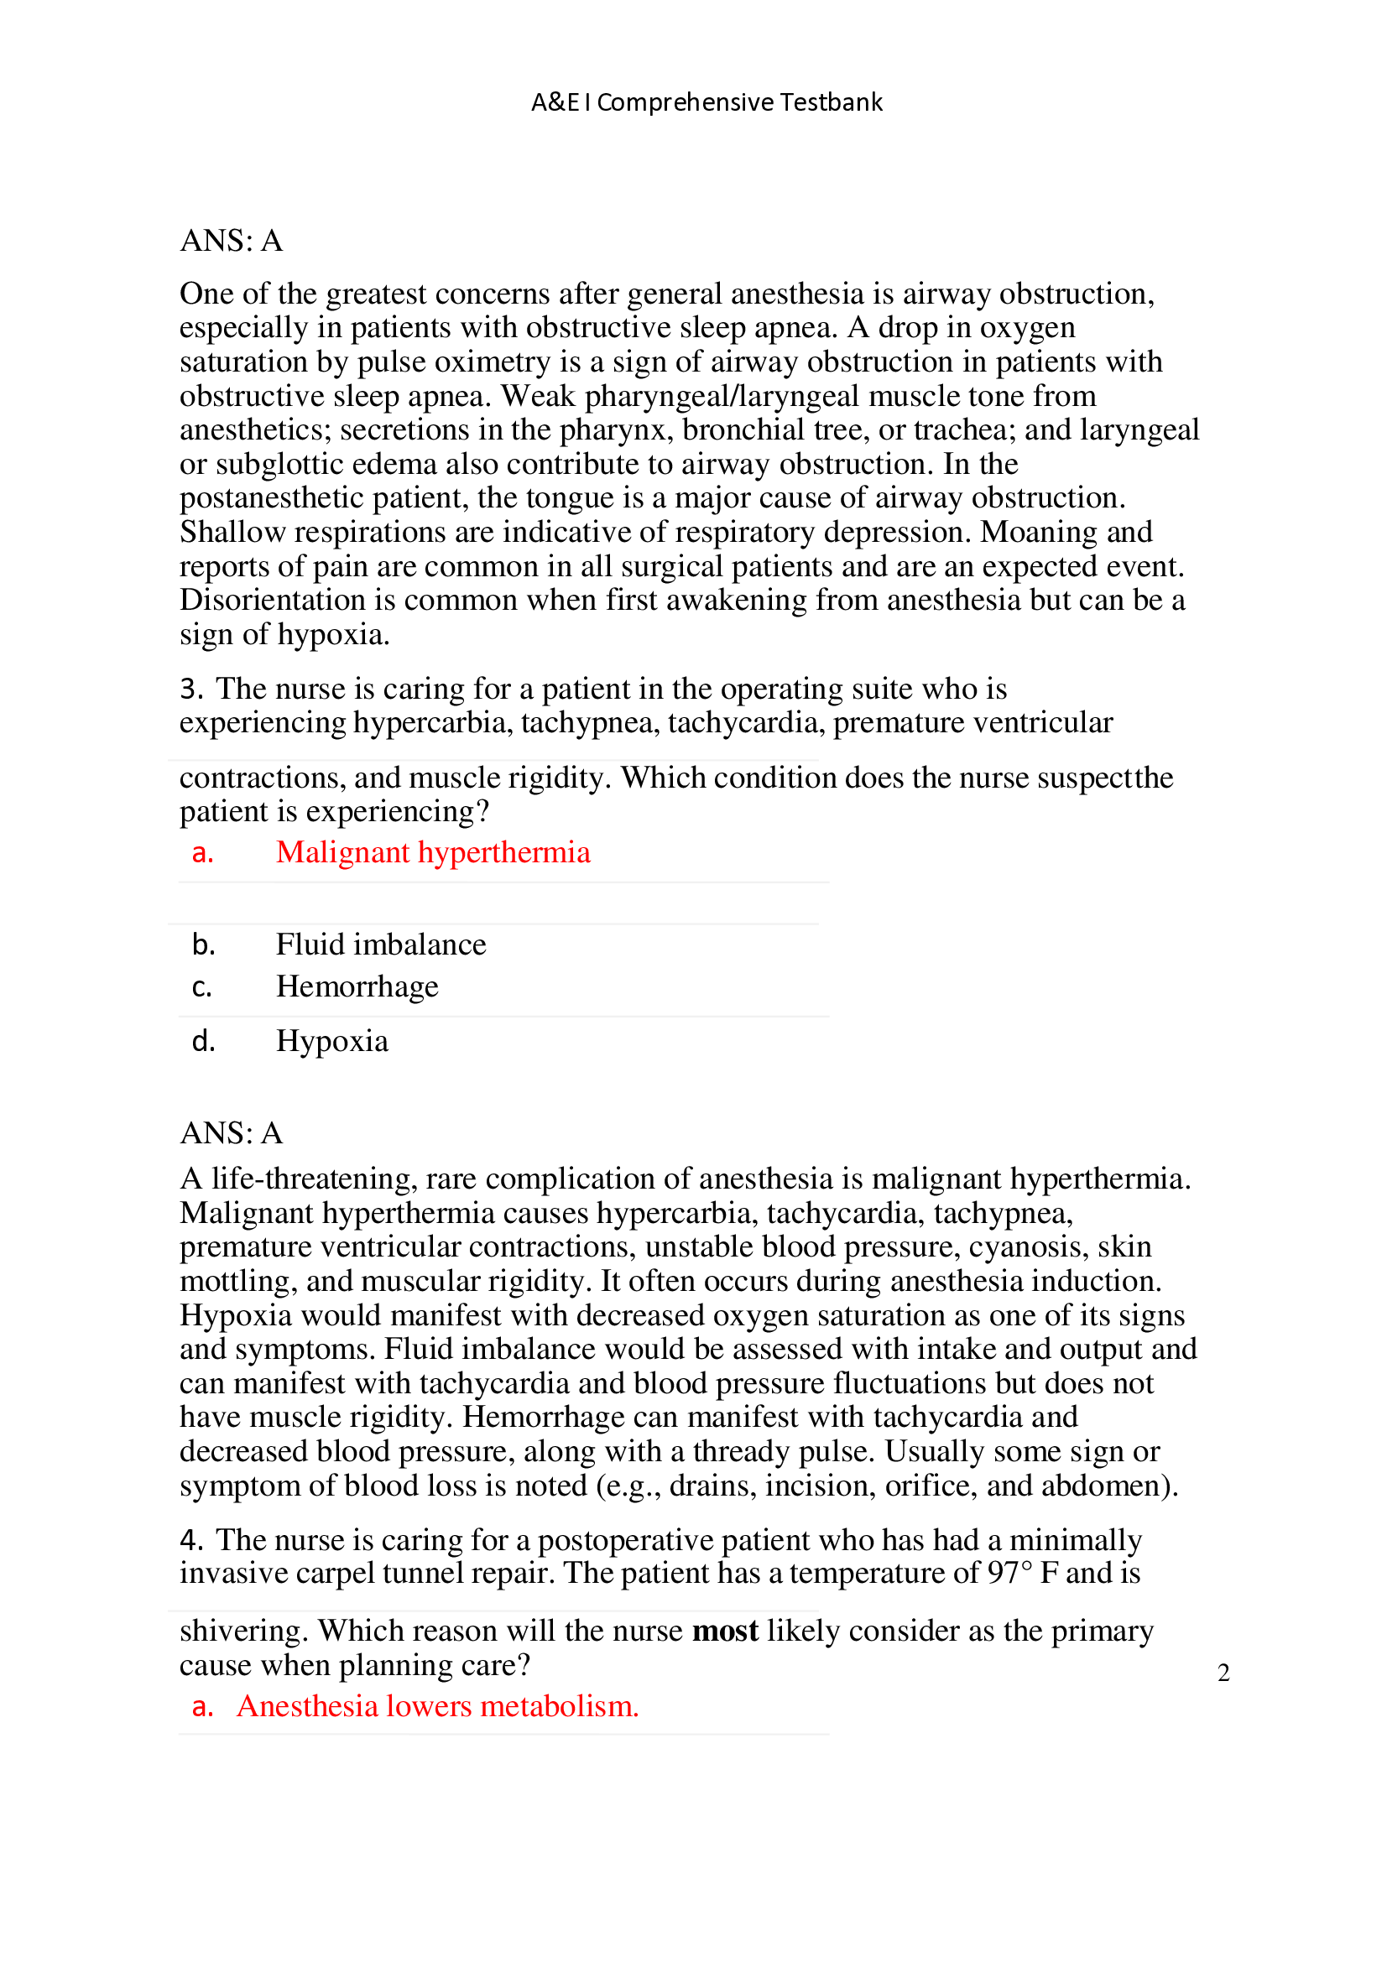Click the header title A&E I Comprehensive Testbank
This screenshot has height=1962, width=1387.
[x=706, y=102]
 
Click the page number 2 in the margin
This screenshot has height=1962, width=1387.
[x=1223, y=1673]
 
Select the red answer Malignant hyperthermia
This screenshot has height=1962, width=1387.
[x=432, y=852]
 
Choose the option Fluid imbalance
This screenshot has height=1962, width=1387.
[x=380, y=945]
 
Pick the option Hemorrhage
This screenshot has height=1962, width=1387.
[x=357, y=986]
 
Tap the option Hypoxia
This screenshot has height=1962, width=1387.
[x=331, y=1041]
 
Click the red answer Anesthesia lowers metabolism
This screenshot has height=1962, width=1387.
[x=437, y=1705]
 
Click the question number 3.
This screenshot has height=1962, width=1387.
[x=190, y=689]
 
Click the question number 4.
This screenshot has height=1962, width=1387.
[x=190, y=1540]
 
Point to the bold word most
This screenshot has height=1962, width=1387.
[x=725, y=1631]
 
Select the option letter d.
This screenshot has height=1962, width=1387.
[x=202, y=1041]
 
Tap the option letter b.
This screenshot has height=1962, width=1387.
[x=202, y=945]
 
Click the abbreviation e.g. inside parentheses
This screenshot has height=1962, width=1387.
[x=633, y=1486]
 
